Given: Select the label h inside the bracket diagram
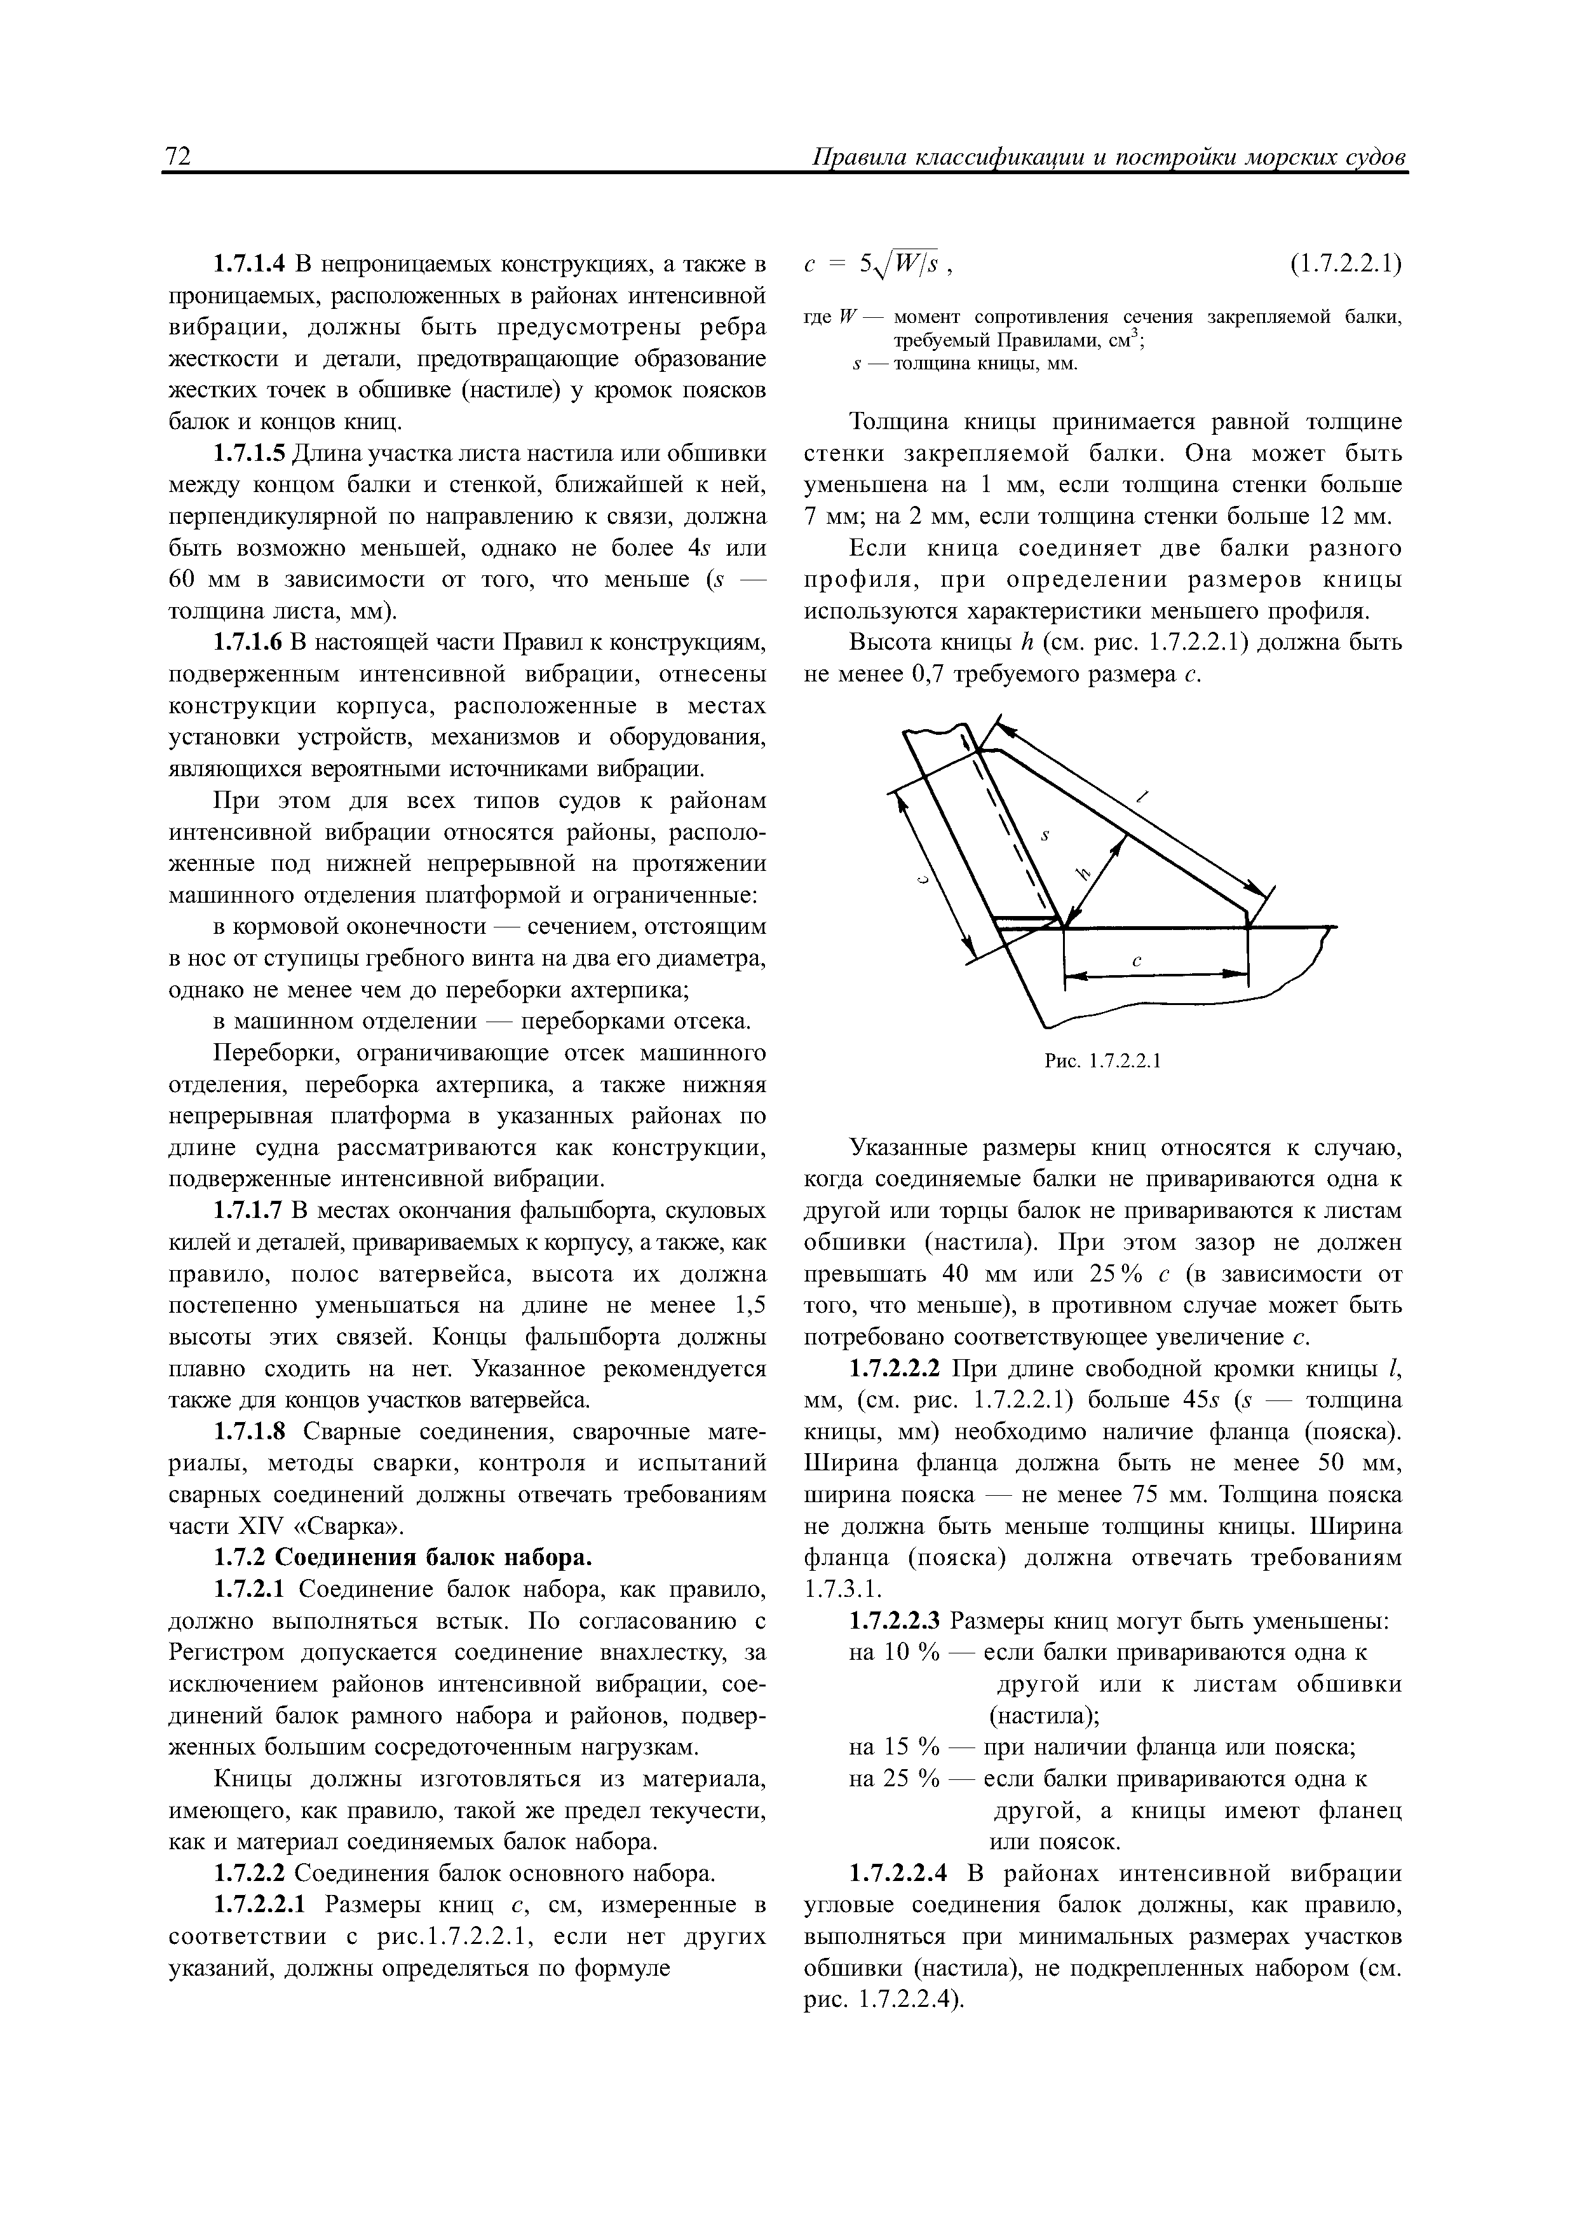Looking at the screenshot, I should click(x=1083, y=873).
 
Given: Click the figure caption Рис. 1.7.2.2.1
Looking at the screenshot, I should click(x=1102, y=1061).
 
